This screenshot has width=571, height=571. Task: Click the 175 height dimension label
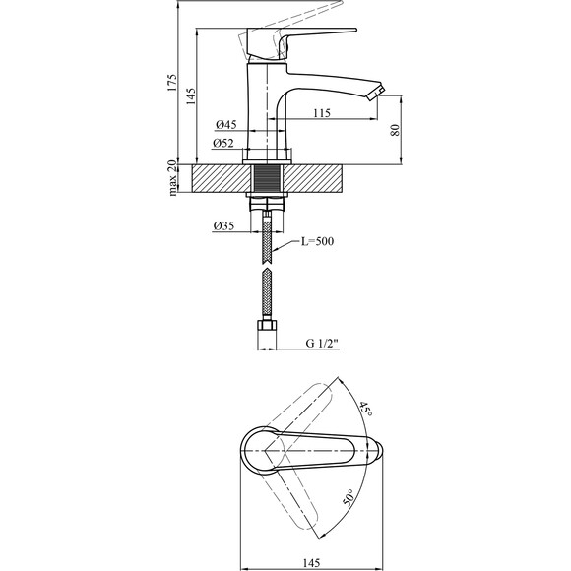click(172, 83)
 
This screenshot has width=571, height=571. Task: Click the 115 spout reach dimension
click(322, 113)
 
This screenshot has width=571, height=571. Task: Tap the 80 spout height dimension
click(395, 130)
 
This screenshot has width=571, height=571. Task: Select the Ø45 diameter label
click(226, 125)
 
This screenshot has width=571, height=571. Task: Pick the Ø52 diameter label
click(223, 143)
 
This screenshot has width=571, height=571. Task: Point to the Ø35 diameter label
click(223, 226)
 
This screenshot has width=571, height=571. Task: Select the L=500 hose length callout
click(317, 241)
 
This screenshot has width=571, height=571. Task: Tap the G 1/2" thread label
click(322, 343)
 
